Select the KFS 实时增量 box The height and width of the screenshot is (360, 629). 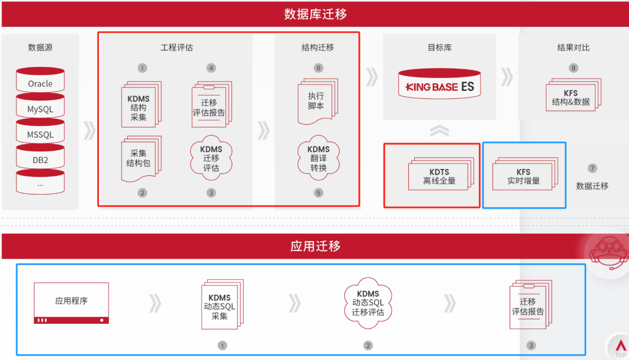(x=524, y=176)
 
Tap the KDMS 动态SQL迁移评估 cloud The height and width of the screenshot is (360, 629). (x=367, y=302)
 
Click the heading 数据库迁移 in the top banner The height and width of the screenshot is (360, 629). (x=315, y=14)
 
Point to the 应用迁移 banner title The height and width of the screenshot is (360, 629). (x=315, y=246)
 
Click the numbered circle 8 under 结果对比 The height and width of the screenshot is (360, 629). (x=574, y=68)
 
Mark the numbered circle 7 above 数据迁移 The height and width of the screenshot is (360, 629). (x=592, y=169)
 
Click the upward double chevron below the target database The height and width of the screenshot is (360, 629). (x=439, y=131)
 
